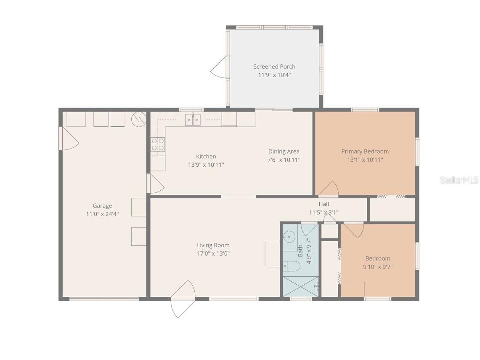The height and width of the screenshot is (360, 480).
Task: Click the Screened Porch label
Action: pyautogui.click(x=274, y=67)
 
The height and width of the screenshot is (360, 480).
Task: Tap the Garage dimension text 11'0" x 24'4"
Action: pyautogui.click(x=102, y=214)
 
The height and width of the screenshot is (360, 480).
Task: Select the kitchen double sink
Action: pyautogui.click(x=193, y=120)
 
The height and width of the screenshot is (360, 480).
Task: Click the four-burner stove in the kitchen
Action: pyautogui.click(x=158, y=144)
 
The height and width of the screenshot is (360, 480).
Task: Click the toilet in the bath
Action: pyautogui.click(x=291, y=266)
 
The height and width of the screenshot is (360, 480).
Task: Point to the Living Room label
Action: pyautogui.click(x=213, y=245)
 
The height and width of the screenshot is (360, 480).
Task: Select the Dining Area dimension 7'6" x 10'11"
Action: pyautogui.click(x=284, y=160)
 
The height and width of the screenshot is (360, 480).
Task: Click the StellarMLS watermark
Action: pyautogui.click(x=459, y=180)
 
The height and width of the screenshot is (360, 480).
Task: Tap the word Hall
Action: pyautogui.click(x=324, y=205)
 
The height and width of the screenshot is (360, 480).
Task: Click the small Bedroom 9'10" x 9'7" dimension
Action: pyautogui.click(x=377, y=267)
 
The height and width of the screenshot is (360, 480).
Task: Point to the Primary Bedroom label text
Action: pyautogui.click(x=365, y=152)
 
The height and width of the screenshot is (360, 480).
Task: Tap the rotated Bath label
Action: pyautogui.click(x=300, y=251)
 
